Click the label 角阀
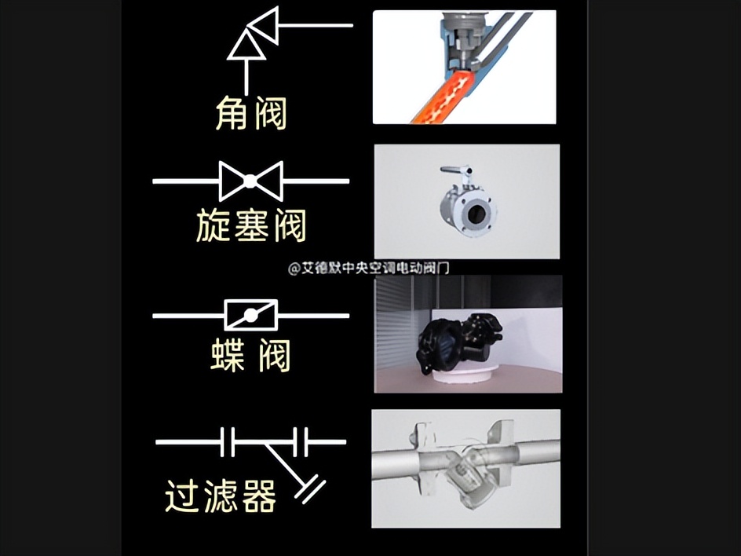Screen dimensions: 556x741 pyautogui.click(x=251, y=115)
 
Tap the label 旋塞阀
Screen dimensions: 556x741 pyautogui.click(x=250, y=226)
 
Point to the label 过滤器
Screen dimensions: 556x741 pyautogui.click(x=221, y=496)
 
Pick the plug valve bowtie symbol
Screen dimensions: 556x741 pyautogui.click(x=250, y=181)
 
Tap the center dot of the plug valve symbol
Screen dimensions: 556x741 pyautogui.click(x=250, y=181)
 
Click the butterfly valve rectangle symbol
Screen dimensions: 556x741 pyautogui.click(x=251, y=316)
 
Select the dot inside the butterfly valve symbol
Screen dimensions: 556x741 pyautogui.click(x=251, y=316)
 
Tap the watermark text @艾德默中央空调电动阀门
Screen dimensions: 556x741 pyautogui.click(x=368, y=269)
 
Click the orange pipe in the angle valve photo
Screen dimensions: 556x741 pyautogui.click(x=444, y=98)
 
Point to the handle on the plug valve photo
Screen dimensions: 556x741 pyautogui.click(x=455, y=171)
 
